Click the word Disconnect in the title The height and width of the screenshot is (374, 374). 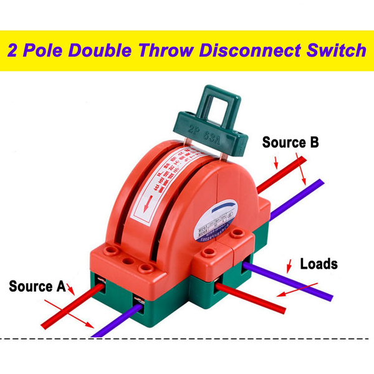pyautogui.click(x=256, y=49)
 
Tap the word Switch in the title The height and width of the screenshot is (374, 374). pyautogui.click(x=334, y=49)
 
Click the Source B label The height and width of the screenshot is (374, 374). pyautogui.click(x=290, y=142)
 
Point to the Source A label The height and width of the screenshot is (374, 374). pyautogui.click(x=37, y=287)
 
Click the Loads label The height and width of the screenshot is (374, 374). pyautogui.click(x=319, y=263)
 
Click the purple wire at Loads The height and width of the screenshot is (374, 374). pyautogui.click(x=293, y=277)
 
